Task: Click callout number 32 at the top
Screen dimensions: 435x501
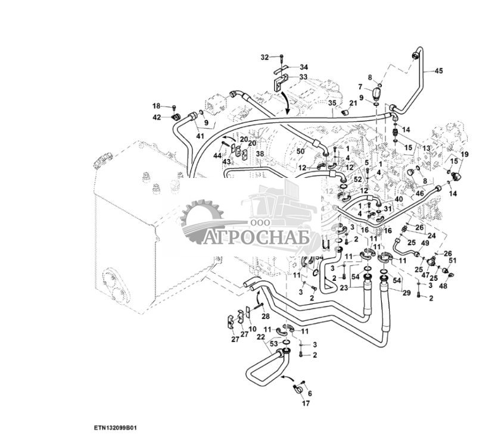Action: (x=264, y=57)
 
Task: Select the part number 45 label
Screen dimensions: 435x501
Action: (x=438, y=71)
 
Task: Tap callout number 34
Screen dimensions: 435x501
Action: (x=304, y=67)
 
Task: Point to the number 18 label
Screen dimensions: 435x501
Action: (x=156, y=105)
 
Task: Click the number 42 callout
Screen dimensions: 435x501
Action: (x=156, y=117)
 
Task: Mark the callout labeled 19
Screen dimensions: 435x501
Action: (x=465, y=154)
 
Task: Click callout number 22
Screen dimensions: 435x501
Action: (x=260, y=337)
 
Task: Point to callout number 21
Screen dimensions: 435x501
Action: (x=353, y=104)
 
